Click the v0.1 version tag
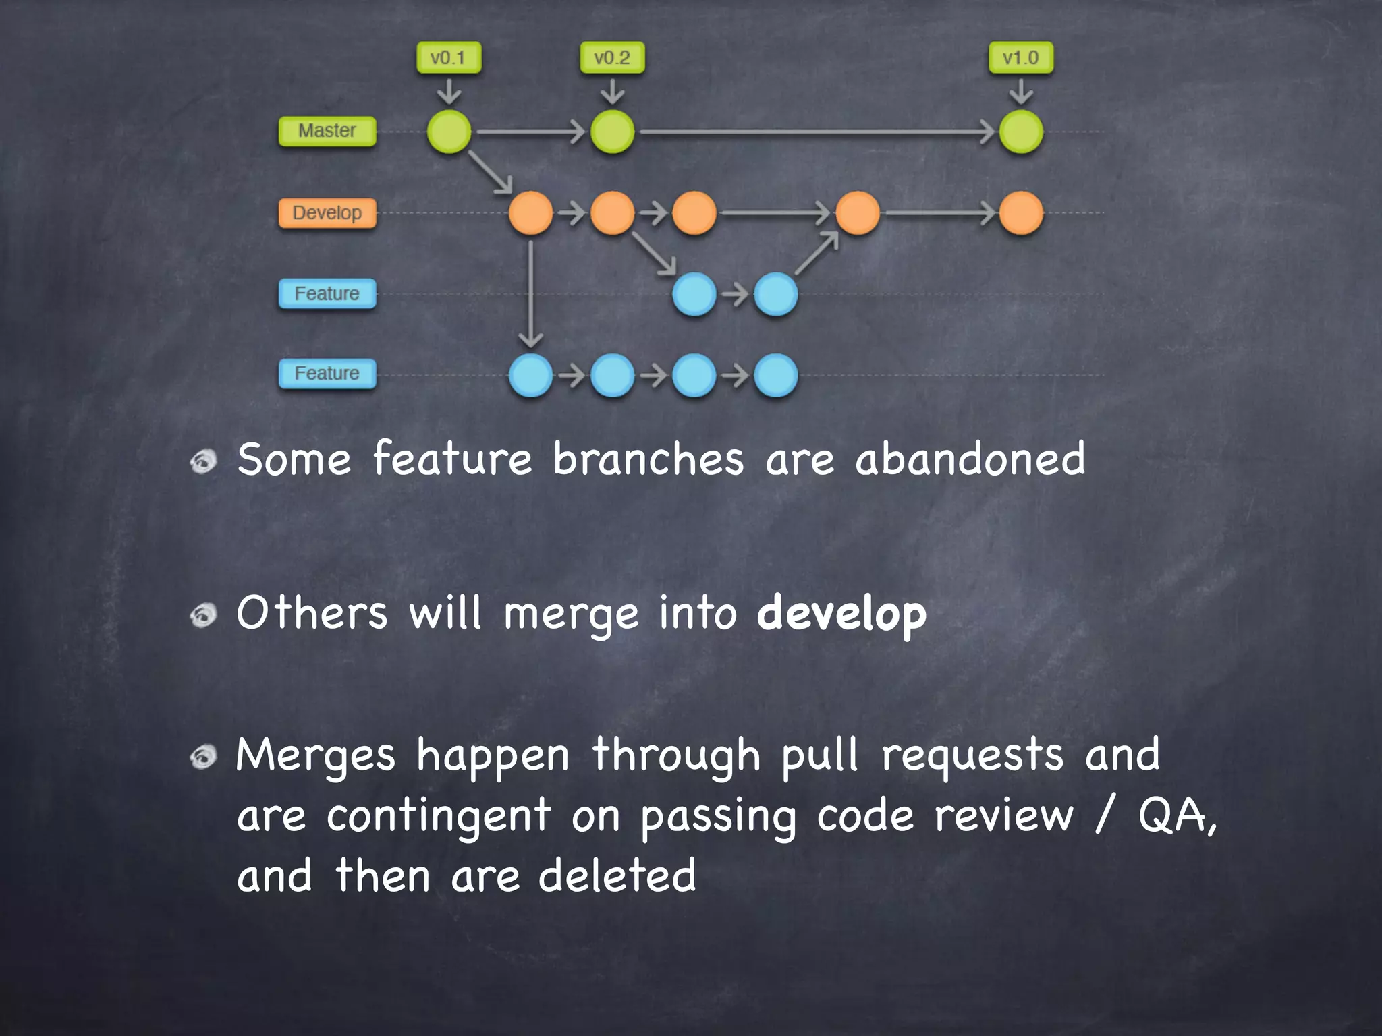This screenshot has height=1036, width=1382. click(448, 58)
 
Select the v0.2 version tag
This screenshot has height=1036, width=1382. click(611, 58)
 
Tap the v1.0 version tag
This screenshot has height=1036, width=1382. click(1020, 58)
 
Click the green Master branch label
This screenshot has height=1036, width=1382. click(327, 131)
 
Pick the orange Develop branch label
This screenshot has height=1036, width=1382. click(327, 213)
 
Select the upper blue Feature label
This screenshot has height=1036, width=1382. click(327, 294)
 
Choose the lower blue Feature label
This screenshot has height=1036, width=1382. click(327, 374)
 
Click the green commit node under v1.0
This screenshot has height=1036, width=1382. click(1020, 132)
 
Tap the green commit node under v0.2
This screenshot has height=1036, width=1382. click(612, 132)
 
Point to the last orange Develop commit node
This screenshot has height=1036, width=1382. click(1020, 213)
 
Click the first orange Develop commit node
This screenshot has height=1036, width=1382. click(530, 213)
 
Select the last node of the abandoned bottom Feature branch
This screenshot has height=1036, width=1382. click(775, 375)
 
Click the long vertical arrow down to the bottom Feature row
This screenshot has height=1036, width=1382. click(531, 293)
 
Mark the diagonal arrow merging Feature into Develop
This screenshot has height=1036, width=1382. click(817, 254)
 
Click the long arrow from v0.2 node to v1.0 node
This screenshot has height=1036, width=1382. click(817, 132)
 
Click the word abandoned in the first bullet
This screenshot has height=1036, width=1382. click(970, 459)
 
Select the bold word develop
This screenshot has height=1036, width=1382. click(841, 614)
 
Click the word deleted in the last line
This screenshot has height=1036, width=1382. click(617, 875)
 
